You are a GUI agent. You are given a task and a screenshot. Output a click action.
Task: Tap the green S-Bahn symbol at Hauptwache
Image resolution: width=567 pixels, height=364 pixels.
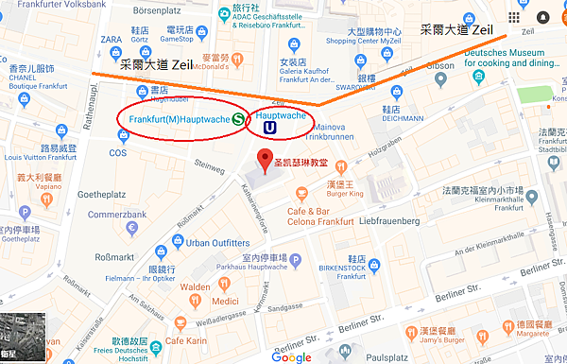[239, 120]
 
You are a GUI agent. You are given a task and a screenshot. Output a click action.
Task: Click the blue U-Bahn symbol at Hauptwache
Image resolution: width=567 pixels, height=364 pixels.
[270, 126]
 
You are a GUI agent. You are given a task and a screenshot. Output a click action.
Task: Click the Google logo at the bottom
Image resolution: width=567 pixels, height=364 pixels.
[291, 356]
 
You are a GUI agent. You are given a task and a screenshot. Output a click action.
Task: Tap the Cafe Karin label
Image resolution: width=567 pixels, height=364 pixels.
[186, 339]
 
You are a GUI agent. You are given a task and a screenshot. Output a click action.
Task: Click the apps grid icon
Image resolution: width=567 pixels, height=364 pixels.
[515, 17]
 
